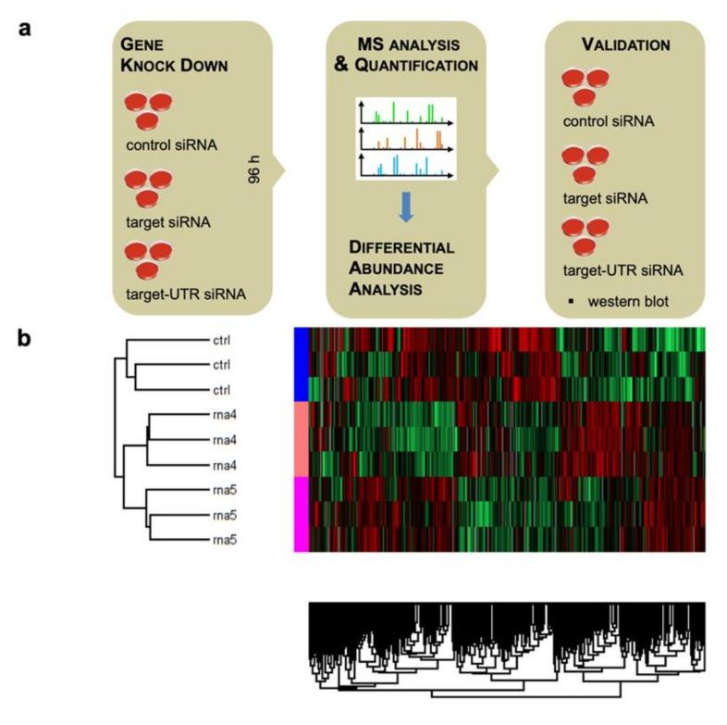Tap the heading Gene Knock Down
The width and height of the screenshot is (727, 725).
tap(156, 55)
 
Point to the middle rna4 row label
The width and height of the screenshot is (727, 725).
tap(222, 437)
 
